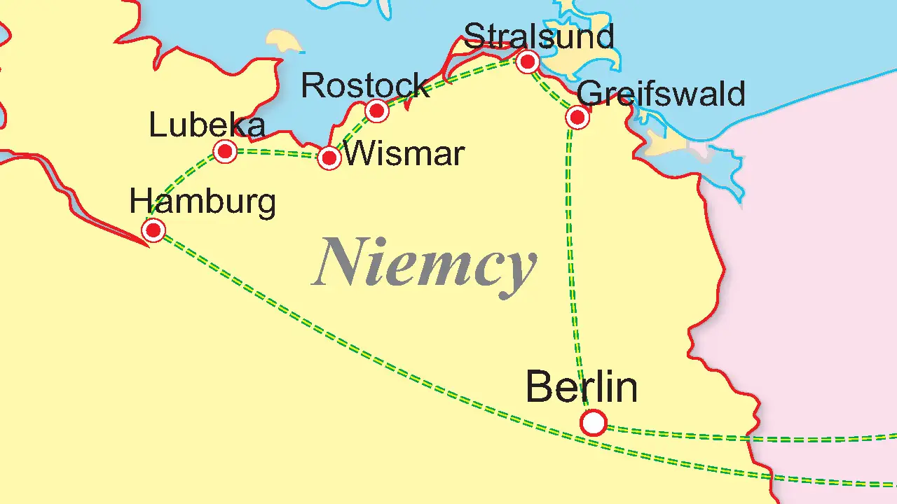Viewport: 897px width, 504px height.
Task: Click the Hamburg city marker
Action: click(x=153, y=230)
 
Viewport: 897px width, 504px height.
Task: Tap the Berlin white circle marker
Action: click(x=594, y=423)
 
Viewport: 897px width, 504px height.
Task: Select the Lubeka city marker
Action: click(x=225, y=150)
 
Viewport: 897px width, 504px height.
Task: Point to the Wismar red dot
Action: click(x=329, y=157)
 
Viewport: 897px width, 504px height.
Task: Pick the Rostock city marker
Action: click(x=376, y=110)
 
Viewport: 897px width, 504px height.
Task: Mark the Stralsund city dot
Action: click(x=528, y=62)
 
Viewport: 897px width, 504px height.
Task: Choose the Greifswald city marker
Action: click(x=577, y=117)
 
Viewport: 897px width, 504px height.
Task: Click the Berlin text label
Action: click(x=581, y=387)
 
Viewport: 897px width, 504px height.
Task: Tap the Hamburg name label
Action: click(x=203, y=202)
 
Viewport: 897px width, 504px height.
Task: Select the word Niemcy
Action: click(x=425, y=264)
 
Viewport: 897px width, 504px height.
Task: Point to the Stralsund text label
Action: click(x=539, y=36)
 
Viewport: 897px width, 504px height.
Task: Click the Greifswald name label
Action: click(x=662, y=94)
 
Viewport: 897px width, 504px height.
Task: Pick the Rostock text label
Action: click(x=364, y=85)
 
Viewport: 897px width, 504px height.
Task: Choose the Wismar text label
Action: click(x=404, y=153)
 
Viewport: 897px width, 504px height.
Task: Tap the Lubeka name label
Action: click(x=207, y=125)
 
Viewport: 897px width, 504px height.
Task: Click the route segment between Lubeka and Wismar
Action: click(x=277, y=152)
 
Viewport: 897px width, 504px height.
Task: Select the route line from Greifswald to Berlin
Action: click(x=570, y=266)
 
